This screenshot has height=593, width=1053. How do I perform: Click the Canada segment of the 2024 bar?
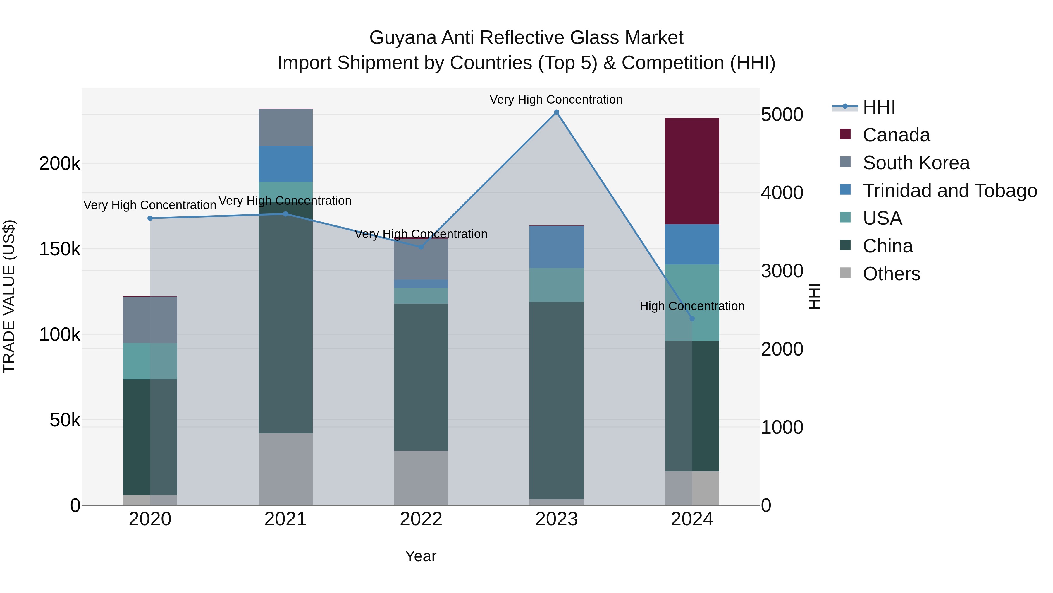[692, 171]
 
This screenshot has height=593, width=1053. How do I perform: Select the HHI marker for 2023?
[556, 112]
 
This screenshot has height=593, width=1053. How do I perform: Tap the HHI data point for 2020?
[150, 218]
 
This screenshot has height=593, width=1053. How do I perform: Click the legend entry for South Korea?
[916, 163]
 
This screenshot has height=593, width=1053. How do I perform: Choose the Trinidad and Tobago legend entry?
[949, 191]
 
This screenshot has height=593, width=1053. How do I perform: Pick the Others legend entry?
[891, 274]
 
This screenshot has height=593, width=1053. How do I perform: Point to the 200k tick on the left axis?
[60, 164]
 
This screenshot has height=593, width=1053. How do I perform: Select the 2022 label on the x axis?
[421, 519]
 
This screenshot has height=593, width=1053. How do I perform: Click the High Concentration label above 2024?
[692, 306]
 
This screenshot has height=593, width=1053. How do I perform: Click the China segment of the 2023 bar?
[556, 400]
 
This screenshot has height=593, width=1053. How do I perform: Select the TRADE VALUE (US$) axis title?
[9, 296]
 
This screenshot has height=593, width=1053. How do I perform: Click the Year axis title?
[421, 556]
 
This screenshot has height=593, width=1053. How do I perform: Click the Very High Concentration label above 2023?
[556, 100]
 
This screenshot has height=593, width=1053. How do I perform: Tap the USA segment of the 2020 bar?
[150, 361]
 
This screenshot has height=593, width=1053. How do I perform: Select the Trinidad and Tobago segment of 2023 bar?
[556, 247]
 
